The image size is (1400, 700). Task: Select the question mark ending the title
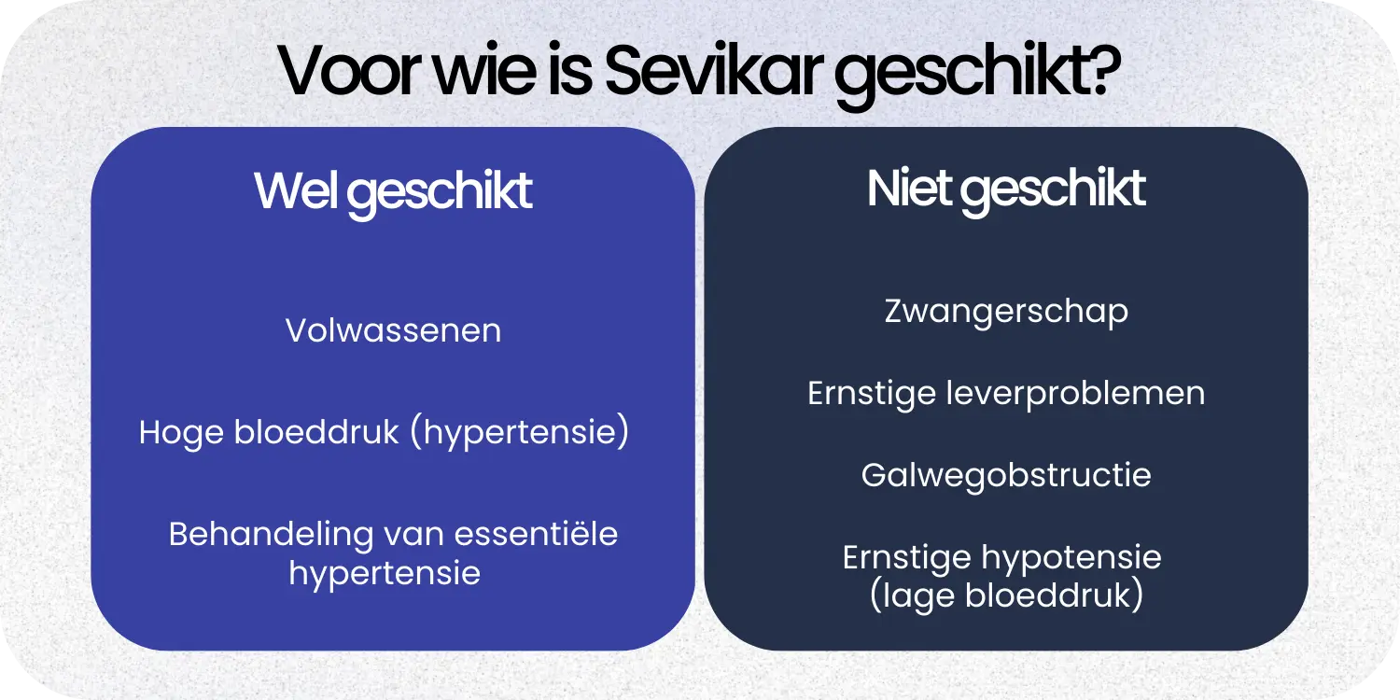click(x=1102, y=72)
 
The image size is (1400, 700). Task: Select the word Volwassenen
click(x=393, y=331)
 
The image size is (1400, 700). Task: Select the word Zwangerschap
click(x=1006, y=312)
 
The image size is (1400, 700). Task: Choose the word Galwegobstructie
click(x=1006, y=476)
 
